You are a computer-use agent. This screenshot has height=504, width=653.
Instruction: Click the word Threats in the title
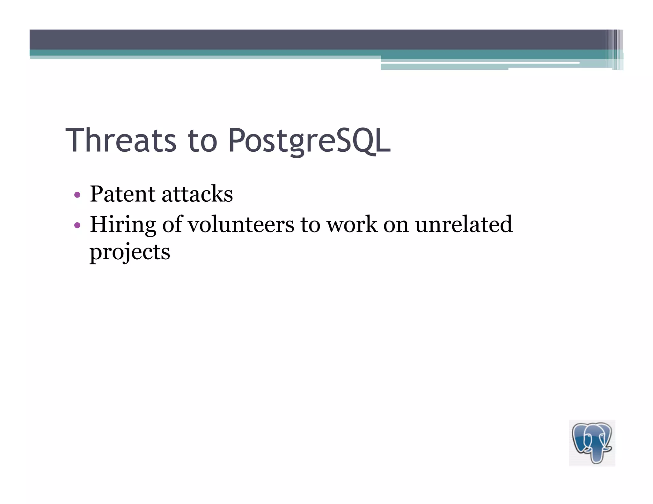(x=121, y=140)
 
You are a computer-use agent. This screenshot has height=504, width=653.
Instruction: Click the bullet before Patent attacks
(x=77, y=195)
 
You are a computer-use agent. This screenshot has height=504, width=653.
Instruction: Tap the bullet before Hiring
(x=77, y=226)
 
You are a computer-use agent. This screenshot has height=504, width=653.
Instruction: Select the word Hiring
(x=122, y=225)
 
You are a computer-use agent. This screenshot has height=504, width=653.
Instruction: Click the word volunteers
(x=241, y=224)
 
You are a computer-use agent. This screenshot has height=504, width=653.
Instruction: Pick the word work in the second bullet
(x=352, y=224)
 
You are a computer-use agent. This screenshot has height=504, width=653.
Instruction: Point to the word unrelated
(x=464, y=224)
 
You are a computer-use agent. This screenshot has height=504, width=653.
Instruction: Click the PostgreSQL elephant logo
(x=592, y=443)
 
